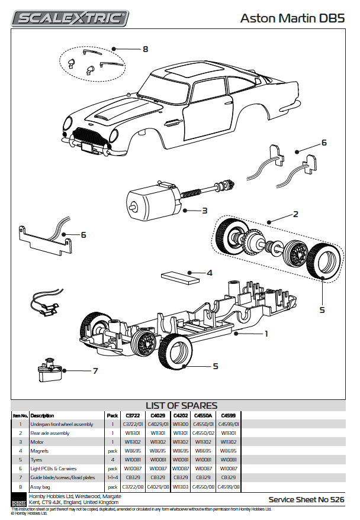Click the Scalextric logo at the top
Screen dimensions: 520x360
point(70,18)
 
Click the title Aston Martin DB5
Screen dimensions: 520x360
point(292,18)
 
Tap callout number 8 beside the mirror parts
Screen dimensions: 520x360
point(145,49)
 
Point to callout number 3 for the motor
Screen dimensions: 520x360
point(204,210)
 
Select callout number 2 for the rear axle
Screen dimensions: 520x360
point(295,214)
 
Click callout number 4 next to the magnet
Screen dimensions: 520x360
point(209,273)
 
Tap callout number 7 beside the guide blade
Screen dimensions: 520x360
point(95,372)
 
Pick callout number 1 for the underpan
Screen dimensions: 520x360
point(266,334)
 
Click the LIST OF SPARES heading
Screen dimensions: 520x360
point(181,406)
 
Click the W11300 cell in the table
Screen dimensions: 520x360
point(180,424)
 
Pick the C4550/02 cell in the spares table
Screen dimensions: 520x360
point(204,433)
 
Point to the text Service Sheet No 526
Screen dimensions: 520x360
point(306,499)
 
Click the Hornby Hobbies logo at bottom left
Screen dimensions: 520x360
point(18,498)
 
